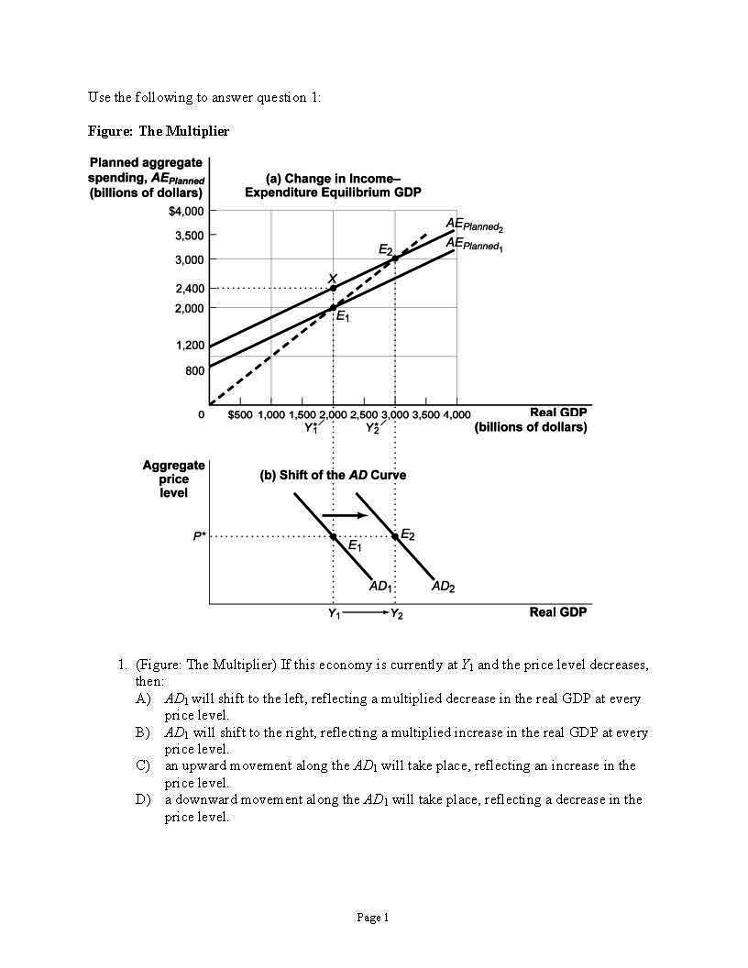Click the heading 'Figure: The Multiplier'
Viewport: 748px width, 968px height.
tap(158, 131)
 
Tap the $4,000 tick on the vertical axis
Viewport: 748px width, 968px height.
tap(186, 211)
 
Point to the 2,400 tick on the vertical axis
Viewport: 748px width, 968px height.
tap(190, 289)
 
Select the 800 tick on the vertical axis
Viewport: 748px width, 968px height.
tap(193, 370)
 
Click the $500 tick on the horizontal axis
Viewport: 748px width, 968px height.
tap(241, 414)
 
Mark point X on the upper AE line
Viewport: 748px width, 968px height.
tap(333, 288)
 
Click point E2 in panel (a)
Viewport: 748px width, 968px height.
tap(395, 258)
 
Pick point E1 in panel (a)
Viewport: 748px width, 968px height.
tap(333, 307)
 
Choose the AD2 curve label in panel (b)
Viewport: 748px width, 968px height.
tap(443, 586)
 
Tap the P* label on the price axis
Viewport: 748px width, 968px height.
tap(199, 537)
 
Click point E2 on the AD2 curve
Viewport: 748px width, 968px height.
tap(395, 536)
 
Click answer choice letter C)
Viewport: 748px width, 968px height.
tap(142, 765)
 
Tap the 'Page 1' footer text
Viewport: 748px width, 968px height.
tap(373, 918)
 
